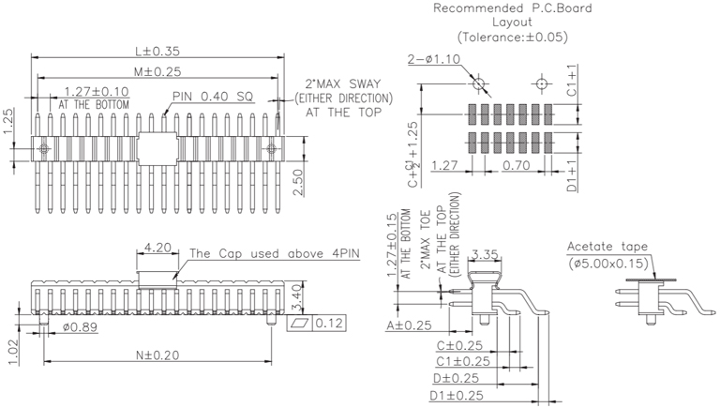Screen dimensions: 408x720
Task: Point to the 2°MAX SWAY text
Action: [343, 83]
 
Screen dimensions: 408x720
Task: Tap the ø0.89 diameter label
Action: [78, 327]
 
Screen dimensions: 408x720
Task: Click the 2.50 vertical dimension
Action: [297, 178]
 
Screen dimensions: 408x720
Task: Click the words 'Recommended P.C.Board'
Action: [512, 9]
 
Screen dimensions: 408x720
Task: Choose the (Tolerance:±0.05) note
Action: [512, 38]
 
